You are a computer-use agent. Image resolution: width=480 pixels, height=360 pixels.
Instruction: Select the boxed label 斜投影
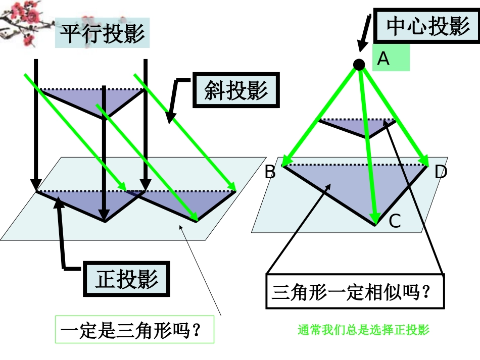(x=235, y=91)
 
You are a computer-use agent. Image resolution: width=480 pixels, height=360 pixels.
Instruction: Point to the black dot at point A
(x=359, y=64)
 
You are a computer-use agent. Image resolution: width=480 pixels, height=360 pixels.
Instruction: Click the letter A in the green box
(x=384, y=59)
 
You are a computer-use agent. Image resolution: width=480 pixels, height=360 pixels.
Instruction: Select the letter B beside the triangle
(x=270, y=173)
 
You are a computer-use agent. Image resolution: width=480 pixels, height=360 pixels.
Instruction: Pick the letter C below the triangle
(x=395, y=221)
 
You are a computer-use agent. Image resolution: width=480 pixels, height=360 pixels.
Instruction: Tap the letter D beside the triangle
(x=441, y=173)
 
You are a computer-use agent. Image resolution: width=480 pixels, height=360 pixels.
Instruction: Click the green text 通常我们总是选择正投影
(x=363, y=331)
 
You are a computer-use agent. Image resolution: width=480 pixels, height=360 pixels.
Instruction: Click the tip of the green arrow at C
(x=375, y=221)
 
